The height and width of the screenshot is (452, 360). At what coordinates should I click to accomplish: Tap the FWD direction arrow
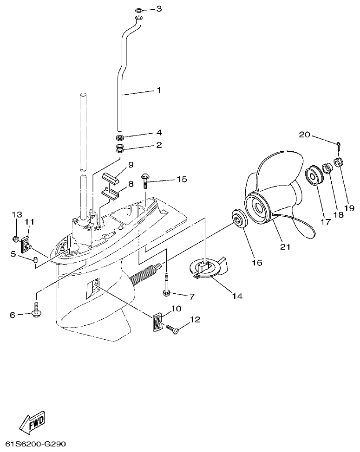pos(32,423)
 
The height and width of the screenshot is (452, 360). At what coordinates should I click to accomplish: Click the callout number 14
pos(237,295)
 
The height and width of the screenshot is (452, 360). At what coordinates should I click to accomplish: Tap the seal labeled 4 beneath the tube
pos(121,138)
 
